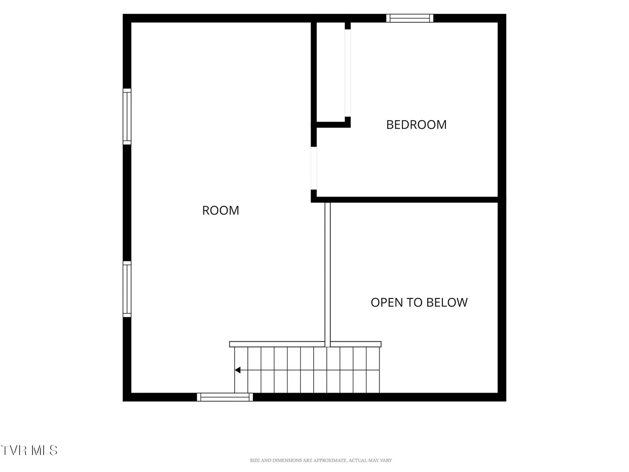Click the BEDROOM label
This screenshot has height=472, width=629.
416,125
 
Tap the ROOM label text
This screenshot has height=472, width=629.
220,210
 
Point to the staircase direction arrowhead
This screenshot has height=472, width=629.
238,370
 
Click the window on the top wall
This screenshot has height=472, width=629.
409,18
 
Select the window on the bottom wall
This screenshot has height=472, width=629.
225,397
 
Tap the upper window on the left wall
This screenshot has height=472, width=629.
127,117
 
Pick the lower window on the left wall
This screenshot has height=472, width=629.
127,289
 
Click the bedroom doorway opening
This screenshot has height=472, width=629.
314,168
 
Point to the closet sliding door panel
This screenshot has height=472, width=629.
348,73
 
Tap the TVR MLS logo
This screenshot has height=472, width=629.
29,450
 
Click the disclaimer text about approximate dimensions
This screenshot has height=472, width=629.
321,460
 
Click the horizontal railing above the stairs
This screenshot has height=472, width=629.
305,344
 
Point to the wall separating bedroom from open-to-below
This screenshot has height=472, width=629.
407,200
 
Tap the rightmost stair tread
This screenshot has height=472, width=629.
373,370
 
